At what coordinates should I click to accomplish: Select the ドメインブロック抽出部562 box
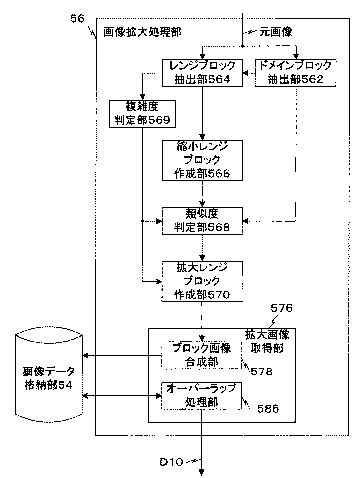click(296, 72)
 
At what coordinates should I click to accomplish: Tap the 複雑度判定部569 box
click(142, 114)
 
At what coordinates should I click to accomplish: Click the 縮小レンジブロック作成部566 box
click(202, 160)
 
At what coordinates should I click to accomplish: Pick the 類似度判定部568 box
click(202, 221)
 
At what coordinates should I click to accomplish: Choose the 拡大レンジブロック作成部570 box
click(202, 281)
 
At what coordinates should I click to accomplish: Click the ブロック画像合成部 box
click(202, 355)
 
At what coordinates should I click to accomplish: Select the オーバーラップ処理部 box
click(202, 395)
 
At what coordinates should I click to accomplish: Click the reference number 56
click(77, 19)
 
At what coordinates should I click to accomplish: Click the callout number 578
click(261, 371)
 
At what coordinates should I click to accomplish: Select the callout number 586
click(268, 408)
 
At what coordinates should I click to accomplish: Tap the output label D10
click(171, 462)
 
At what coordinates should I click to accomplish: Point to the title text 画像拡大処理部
click(142, 32)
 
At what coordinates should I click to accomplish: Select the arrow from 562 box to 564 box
click(249, 72)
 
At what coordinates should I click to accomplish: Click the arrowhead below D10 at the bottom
click(202, 472)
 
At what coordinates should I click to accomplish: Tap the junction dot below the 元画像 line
click(242, 46)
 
